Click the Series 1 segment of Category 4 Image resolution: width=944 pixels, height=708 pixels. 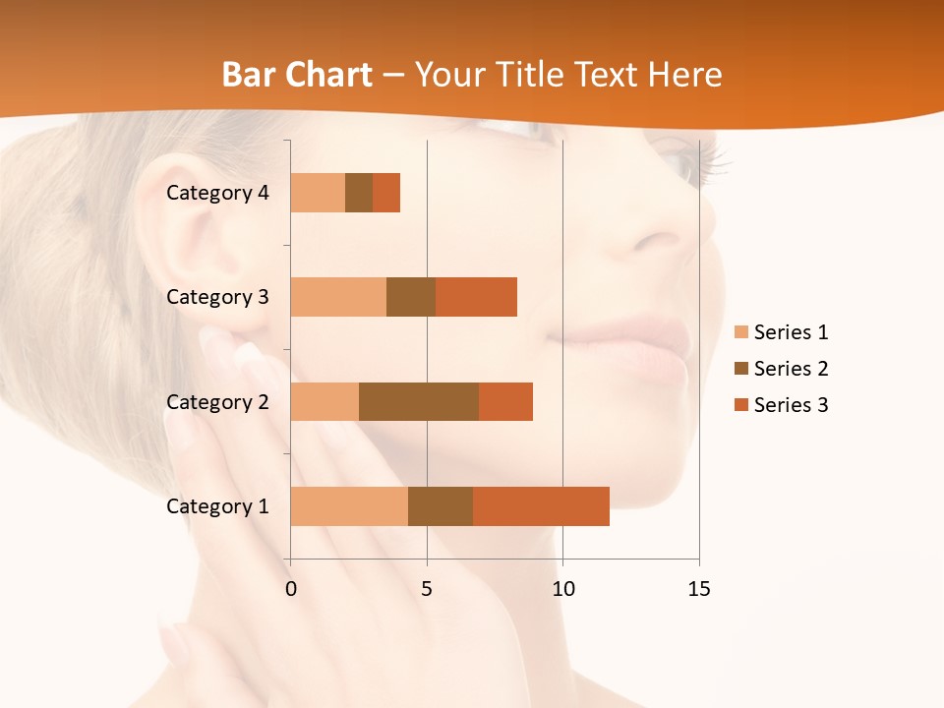click(x=318, y=193)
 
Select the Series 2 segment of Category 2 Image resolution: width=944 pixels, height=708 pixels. click(x=419, y=401)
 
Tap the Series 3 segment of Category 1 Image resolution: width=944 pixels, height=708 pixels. click(x=541, y=506)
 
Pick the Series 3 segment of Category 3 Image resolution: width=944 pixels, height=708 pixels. click(x=476, y=297)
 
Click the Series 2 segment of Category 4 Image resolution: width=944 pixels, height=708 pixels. click(x=359, y=193)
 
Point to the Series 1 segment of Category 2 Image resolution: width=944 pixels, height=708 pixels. click(x=324, y=401)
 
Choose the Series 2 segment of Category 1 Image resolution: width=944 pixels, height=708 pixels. click(x=441, y=506)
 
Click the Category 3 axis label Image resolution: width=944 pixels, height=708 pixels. click(x=217, y=297)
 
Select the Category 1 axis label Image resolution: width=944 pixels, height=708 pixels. click(x=217, y=506)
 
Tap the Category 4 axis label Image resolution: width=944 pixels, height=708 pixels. click(x=217, y=193)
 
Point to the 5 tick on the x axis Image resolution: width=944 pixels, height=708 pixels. click(x=427, y=589)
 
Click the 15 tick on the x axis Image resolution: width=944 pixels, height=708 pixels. click(x=698, y=589)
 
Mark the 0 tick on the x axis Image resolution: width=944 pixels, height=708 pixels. click(x=290, y=589)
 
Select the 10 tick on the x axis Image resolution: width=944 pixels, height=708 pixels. click(x=562, y=589)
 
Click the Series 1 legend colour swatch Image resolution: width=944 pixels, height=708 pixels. click(x=741, y=332)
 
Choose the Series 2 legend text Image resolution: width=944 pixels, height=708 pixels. click(x=791, y=369)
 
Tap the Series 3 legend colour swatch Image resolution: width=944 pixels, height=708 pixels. click(x=741, y=405)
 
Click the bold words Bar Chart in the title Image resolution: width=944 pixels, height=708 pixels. click(x=297, y=75)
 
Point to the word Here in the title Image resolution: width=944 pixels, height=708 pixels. click(x=685, y=75)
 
